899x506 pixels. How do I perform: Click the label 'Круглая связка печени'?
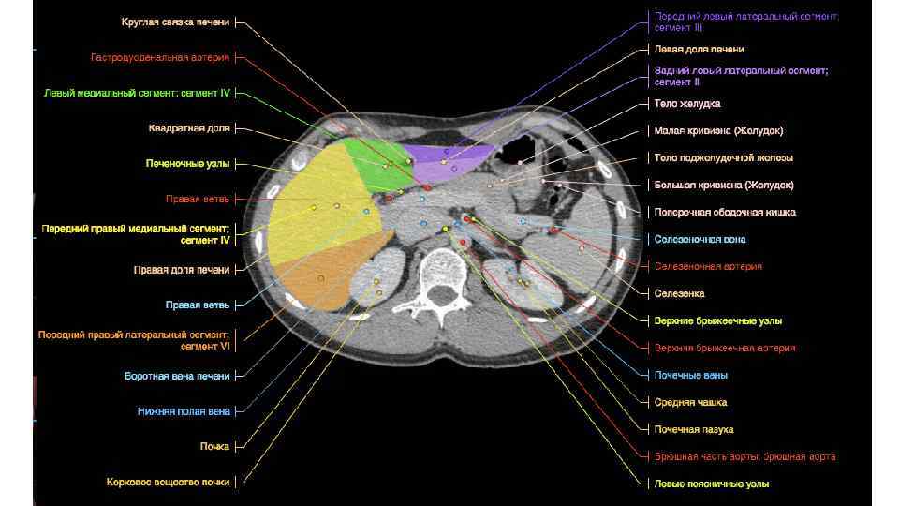(175, 22)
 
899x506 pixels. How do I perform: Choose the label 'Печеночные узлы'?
(187, 163)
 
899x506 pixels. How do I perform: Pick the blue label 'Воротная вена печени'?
(177, 376)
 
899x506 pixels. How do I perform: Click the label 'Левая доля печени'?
(700, 49)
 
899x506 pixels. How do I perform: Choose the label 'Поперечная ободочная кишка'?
(725, 213)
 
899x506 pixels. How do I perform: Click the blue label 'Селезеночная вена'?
(700, 240)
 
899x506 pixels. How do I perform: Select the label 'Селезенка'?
(679, 293)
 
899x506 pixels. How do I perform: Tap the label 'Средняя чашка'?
(690, 402)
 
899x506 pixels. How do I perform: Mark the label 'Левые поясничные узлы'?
(712, 484)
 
